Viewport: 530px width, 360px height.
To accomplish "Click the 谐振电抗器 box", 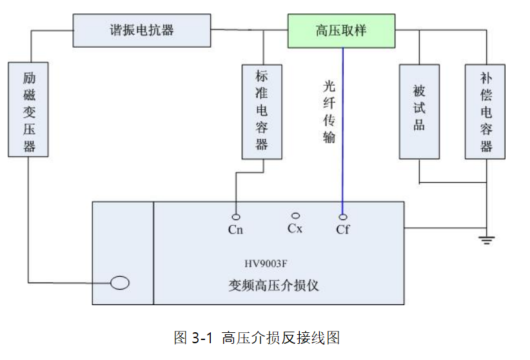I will coord(142,30).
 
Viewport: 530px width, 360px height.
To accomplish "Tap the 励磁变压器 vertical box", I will coord(30,109).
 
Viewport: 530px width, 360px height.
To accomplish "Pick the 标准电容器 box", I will coord(261,111).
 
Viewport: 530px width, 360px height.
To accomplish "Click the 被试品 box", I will coord(419,111).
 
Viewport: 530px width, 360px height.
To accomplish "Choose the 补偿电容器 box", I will coord(485,111).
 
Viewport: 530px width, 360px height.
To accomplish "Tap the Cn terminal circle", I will coord(236,217).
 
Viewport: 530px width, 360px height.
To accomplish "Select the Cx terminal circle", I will coord(295,215).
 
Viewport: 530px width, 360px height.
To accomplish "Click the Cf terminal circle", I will coord(343,217).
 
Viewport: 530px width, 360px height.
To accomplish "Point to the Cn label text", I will coord(236,230).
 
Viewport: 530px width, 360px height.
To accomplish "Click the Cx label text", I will coord(295,228).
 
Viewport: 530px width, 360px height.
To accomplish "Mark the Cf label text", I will coord(343,230).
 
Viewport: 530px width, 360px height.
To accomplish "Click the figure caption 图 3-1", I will coord(193,337).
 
